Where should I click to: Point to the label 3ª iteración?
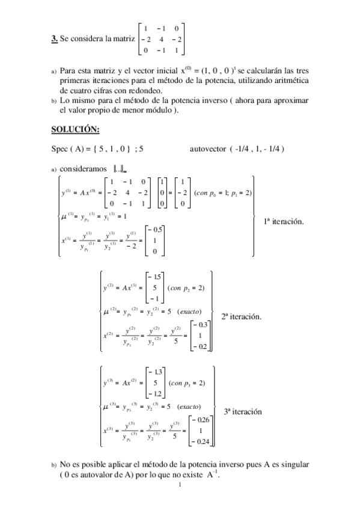tap(243, 412)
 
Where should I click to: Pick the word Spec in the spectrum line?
tap(61, 148)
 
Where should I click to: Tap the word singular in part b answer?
tap(290, 465)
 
